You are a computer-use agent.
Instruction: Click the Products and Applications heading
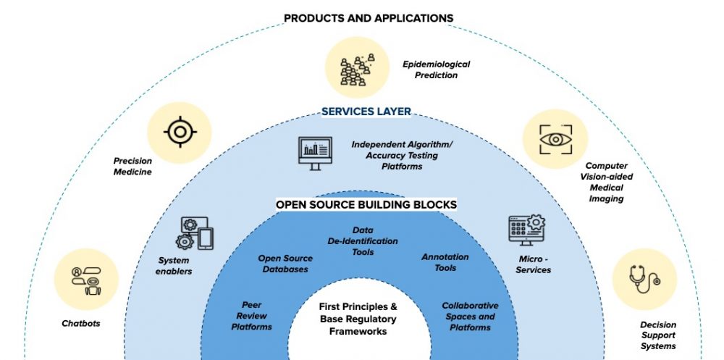[369, 17]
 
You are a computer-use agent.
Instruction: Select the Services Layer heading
[366, 112]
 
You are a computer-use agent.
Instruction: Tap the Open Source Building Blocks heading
[366, 205]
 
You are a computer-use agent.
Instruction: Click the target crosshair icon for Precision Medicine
[179, 133]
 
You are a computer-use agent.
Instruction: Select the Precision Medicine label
[132, 167]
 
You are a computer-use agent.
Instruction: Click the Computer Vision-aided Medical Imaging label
[607, 183]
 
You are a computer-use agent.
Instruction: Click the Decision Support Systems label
[657, 335]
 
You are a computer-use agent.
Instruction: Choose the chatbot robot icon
[86, 280]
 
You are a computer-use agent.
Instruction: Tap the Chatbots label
[80, 324]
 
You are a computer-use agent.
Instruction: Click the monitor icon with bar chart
[315, 153]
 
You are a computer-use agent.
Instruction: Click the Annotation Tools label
[445, 262]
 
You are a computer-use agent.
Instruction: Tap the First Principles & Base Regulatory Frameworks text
[358, 319]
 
